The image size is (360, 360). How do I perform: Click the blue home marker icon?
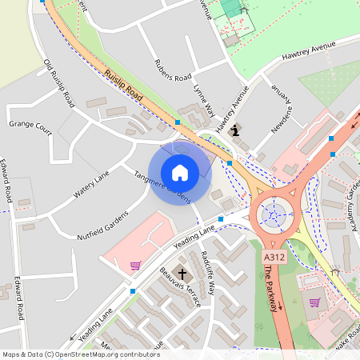pos(180,172)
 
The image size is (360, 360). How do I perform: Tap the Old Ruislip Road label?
pos(59,83)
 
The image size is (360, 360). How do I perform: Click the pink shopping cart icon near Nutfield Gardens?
pos(135,265)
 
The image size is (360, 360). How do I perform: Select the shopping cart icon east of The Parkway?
pos(314,302)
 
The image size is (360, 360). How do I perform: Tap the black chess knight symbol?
pos(234,129)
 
